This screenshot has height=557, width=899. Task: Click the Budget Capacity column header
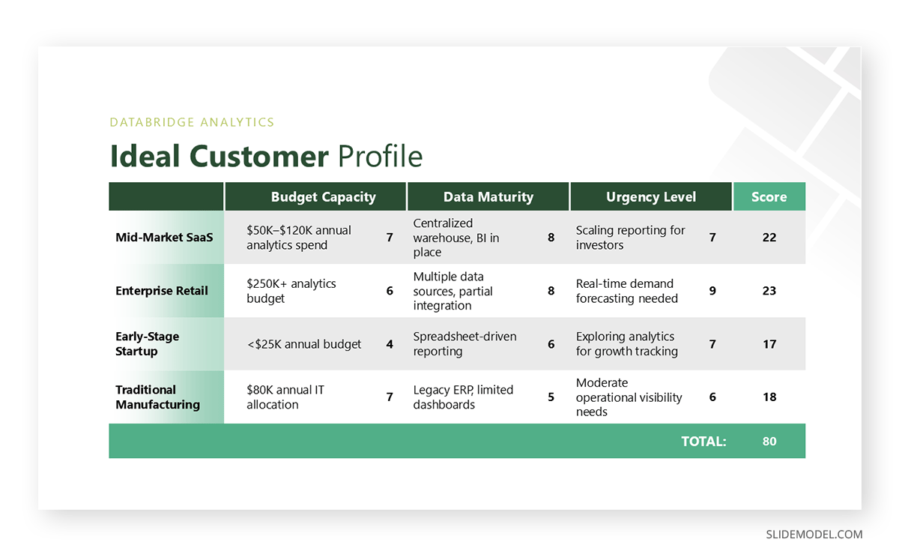pos(323,197)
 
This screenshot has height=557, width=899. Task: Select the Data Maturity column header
pos(488,197)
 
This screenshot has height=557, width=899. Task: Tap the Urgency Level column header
pos(650,197)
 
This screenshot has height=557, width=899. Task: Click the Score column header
pos(769,197)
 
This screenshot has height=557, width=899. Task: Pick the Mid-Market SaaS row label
pos(164,238)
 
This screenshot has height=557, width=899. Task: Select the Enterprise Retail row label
pos(162,291)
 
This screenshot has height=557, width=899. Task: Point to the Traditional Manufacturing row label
pos(157,397)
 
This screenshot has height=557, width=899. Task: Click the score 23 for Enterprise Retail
pos(769,291)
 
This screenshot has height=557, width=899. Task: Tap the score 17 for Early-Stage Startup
pos(769,344)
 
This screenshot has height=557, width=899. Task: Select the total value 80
pos(769,442)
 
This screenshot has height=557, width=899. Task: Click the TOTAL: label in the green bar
pos(703,442)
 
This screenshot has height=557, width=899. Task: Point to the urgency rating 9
pos(712,291)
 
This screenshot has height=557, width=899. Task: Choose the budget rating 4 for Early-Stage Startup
pos(390,344)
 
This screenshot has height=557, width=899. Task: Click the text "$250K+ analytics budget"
pos(291,291)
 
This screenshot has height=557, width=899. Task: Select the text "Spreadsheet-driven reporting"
pos(464,344)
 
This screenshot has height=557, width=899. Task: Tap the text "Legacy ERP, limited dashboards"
pos(463,397)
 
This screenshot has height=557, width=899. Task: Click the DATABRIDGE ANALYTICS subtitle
pos(192,122)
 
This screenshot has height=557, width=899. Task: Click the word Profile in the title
pos(380,156)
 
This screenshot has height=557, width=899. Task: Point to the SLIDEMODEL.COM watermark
pos(814,535)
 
